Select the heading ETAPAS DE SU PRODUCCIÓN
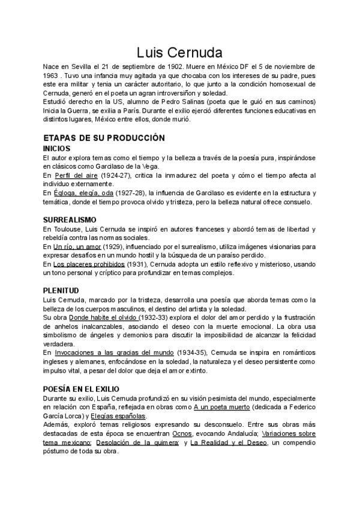104,137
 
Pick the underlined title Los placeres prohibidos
89,264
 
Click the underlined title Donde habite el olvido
104,318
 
